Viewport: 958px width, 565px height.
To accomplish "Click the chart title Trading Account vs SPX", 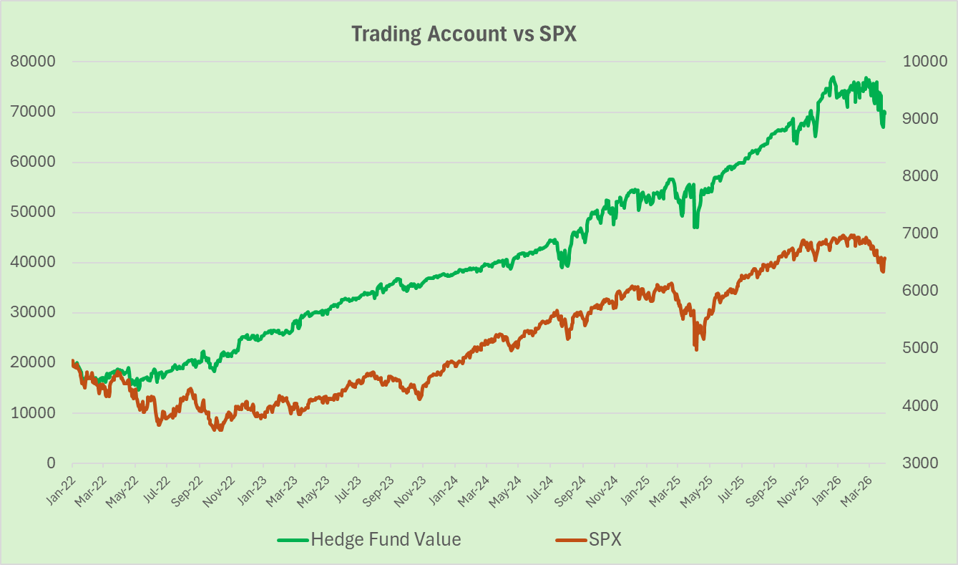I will coord(464,34).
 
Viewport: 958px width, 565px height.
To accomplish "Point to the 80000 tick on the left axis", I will coord(34,62).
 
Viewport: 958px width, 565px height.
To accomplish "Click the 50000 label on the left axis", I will coord(34,212).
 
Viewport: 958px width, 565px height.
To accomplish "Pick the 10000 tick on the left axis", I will coord(34,413).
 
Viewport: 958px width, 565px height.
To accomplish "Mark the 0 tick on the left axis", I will coord(51,463).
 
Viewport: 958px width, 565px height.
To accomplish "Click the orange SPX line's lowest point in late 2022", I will coord(218,429).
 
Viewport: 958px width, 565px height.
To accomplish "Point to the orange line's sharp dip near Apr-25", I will coord(695,349).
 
